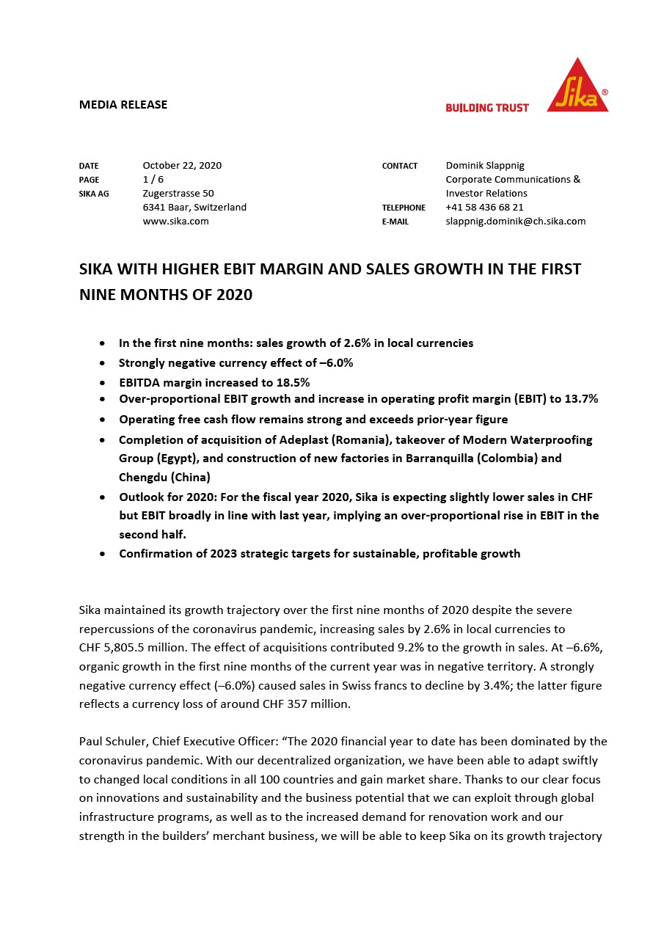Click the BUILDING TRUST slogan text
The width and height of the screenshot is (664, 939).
pos(487,108)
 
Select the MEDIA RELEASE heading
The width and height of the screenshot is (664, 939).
pos(123,104)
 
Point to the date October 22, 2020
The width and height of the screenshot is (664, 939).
pos(182,165)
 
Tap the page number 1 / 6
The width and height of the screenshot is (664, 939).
pos(153,179)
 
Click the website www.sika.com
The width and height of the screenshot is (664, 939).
pos(175,221)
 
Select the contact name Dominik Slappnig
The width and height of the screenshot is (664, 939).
pos(485,165)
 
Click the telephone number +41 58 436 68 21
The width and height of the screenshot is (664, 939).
pos(484,207)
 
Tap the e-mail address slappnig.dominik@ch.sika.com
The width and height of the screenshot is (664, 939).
pos(515,221)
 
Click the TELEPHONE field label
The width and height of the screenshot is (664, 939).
pos(404,208)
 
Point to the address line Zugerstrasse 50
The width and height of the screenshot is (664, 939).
pos(178,193)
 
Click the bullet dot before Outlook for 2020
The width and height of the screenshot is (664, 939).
pos(102,497)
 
